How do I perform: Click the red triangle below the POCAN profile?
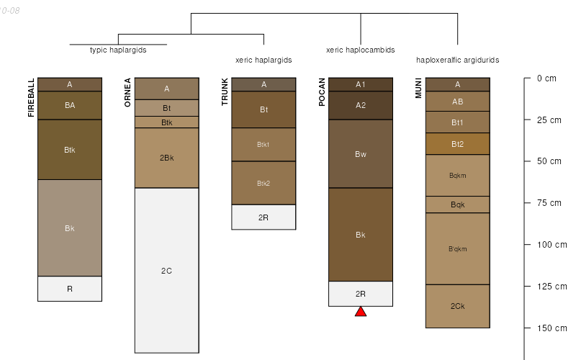click(x=361, y=312)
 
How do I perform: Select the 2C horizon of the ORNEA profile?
click(x=166, y=270)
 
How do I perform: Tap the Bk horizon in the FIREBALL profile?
click(x=70, y=228)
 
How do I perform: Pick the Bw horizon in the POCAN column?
click(x=361, y=154)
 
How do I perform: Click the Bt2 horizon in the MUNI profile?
click(x=457, y=144)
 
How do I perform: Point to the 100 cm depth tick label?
click(x=552, y=245)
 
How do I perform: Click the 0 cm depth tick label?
click(x=546, y=78)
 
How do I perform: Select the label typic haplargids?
click(x=118, y=50)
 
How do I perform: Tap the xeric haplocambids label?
click(x=360, y=50)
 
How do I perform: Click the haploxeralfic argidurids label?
click(x=457, y=60)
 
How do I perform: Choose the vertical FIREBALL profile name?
click(x=31, y=98)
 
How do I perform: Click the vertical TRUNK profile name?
click(x=225, y=92)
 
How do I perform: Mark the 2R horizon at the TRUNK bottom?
click(x=264, y=217)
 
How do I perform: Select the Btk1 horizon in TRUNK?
click(x=264, y=145)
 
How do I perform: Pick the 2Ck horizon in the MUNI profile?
click(x=457, y=306)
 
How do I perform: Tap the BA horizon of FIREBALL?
click(x=70, y=105)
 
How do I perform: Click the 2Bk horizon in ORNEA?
click(x=166, y=158)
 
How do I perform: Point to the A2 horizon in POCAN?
click(x=361, y=105)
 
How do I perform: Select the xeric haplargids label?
click(x=264, y=60)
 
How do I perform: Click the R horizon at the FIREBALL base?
click(x=70, y=289)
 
